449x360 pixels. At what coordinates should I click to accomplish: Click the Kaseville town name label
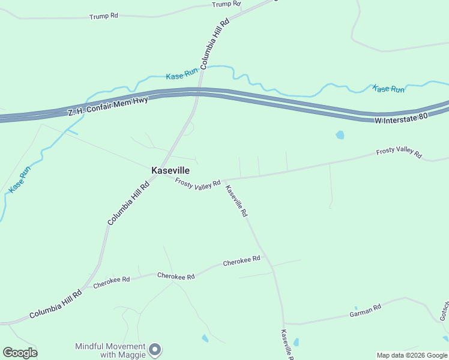click(x=170, y=170)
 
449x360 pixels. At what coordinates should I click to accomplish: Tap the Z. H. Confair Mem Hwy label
click(x=107, y=106)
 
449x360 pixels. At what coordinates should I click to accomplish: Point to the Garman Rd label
click(x=366, y=311)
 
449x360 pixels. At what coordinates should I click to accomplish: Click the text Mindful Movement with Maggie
click(x=110, y=350)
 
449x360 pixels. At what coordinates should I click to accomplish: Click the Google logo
click(x=20, y=353)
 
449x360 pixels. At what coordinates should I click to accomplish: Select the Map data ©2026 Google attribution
click(x=412, y=355)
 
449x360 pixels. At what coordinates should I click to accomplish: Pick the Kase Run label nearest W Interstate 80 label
click(x=388, y=89)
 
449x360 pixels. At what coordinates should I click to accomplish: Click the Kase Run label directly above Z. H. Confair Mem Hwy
click(x=182, y=75)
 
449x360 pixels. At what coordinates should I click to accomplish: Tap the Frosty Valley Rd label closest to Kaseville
click(x=198, y=184)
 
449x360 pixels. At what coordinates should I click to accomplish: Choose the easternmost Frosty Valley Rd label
click(x=399, y=152)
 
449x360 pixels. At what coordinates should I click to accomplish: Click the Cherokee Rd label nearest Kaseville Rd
click(x=241, y=262)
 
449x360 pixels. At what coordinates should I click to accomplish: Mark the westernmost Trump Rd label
click(x=103, y=16)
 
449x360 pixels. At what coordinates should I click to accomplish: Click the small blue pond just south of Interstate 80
click(x=340, y=135)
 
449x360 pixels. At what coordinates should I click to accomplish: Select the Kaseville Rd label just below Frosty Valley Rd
click(x=237, y=200)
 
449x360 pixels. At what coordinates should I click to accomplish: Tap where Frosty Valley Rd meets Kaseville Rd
click(x=224, y=179)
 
